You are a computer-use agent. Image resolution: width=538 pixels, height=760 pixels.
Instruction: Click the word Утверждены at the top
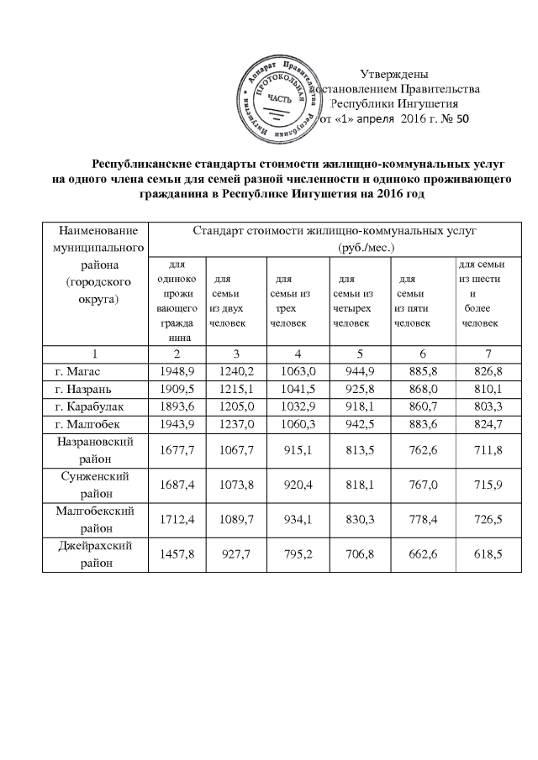[x=395, y=74]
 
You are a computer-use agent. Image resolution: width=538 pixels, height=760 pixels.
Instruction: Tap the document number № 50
[x=450, y=119]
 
